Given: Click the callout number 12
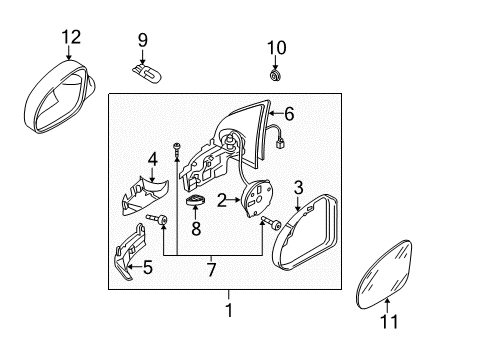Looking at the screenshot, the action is tap(71, 37).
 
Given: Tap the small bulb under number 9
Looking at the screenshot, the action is tap(147, 74).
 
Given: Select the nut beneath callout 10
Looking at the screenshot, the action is tap(275, 76).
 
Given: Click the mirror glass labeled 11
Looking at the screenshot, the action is tap(384, 274).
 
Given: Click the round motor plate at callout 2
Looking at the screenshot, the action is tap(258, 198).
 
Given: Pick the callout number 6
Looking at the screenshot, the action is tap(289, 113).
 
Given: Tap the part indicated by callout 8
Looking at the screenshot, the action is tap(195, 200).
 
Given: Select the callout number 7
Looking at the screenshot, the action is tap(211, 269).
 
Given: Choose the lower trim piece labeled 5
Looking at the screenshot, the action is tap(128, 252).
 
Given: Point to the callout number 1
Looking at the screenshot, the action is tap(229, 310).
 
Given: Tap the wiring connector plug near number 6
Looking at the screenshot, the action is tap(279, 144).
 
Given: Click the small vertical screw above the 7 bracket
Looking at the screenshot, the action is tap(176, 149).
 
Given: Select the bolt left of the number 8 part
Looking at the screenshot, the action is tap(157, 219).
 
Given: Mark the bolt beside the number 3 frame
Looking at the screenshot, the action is tap(271, 222).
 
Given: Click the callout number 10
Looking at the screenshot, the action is tap(277, 48).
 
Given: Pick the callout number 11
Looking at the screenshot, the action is tap(389, 322).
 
